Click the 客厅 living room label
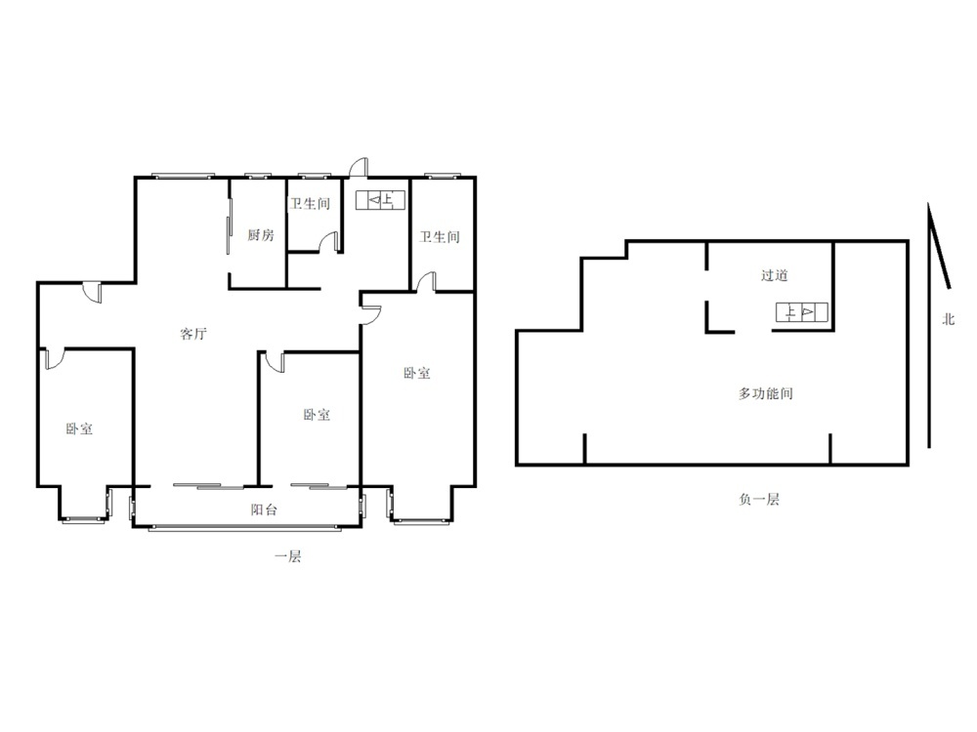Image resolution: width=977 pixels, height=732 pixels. coord(193,334)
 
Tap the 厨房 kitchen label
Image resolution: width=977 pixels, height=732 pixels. coord(261,234)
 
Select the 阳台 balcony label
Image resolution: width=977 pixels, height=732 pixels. coord(264,509)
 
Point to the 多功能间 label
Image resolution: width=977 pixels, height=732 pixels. coord(765,393)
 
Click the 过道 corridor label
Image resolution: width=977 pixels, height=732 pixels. coord(775,275)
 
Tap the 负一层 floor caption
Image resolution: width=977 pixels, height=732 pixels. coord(759,499)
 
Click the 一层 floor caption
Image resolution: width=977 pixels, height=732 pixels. coord(288,556)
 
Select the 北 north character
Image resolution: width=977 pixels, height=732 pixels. coord(949,319)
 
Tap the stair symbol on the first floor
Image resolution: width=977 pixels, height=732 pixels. coord(380,200)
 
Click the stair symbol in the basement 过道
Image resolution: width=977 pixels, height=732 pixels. coord(802,312)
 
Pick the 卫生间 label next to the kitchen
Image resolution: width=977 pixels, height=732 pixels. coord(310,204)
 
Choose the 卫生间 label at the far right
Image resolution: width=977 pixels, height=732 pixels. coord(440,236)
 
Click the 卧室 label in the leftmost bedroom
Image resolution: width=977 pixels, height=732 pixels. coord(80,428)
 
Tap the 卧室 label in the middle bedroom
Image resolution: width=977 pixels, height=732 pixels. coord(317,415)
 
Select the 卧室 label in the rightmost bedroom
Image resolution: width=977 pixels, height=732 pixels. coord(416,373)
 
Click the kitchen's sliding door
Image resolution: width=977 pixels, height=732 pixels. coord(230,226)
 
